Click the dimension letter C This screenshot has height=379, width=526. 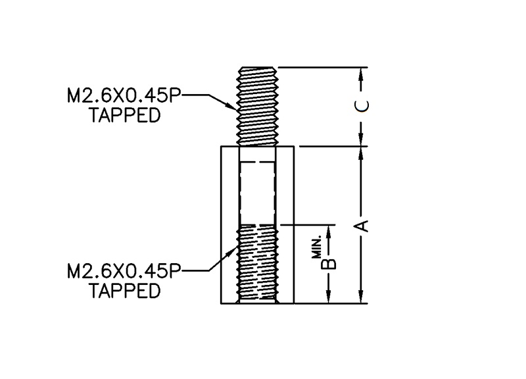point(361,107)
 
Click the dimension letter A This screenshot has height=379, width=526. point(361,226)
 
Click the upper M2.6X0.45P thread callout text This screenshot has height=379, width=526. point(123,97)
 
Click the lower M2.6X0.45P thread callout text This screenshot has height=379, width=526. point(123,271)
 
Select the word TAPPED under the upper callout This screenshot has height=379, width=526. point(125,116)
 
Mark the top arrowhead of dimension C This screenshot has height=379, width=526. point(361,72)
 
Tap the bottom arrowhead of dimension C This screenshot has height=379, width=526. point(361,140)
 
